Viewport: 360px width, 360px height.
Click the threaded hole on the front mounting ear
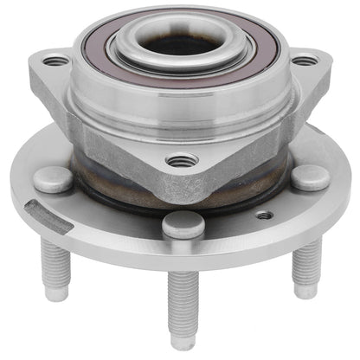click(182, 160)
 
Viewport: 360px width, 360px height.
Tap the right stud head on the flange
click(309, 177)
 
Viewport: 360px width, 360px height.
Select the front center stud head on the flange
click(183, 224)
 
